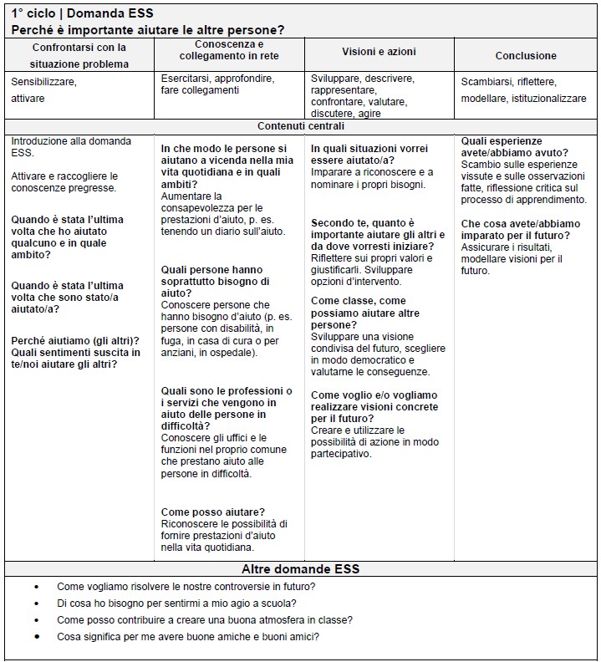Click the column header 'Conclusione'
[x=525, y=56]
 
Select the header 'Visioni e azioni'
[x=379, y=52]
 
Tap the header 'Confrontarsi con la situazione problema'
[x=80, y=56]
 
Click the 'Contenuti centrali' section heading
[x=300, y=126]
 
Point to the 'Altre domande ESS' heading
[x=300, y=569]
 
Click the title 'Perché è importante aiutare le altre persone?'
[x=148, y=29]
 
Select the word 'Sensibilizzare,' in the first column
[x=43, y=82]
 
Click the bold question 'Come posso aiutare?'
[x=213, y=512]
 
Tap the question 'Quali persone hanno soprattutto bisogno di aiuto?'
[x=212, y=282]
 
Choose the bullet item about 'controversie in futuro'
[x=186, y=587]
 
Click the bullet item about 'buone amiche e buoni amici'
[x=188, y=637]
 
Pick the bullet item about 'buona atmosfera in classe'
[x=204, y=620]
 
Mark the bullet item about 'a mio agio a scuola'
[x=176, y=603]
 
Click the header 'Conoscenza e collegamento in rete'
[x=229, y=49]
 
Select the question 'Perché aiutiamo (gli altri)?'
[x=75, y=340]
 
